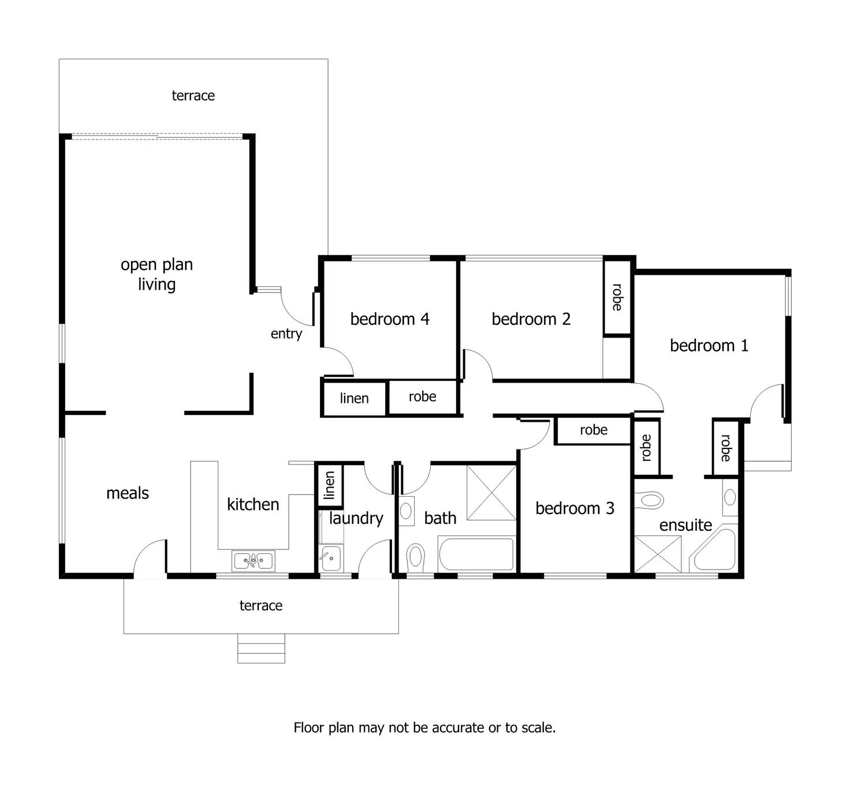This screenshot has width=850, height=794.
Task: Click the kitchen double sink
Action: (253, 560)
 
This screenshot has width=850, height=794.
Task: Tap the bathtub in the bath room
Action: (476, 554)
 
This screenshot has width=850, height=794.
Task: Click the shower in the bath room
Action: (491, 492)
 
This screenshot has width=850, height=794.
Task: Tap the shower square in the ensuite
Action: (658, 554)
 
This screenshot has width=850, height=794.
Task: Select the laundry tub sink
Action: (331, 558)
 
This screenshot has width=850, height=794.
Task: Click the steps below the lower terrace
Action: (261, 648)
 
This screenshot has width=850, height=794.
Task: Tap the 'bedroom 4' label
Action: (390, 319)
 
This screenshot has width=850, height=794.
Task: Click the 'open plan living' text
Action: (156, 274)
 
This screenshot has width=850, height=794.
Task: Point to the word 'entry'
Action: (286, 334)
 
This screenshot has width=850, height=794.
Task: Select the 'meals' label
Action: (128, 493)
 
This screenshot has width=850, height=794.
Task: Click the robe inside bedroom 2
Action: (617, 297)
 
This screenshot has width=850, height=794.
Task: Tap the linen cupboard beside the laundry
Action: (330, 485)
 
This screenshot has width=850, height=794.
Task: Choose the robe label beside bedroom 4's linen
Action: (422, 397)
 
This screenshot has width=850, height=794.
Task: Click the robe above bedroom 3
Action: (594, 430)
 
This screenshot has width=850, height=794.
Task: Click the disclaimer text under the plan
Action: (424, 728)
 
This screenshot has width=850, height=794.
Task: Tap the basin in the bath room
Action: (407, 511)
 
